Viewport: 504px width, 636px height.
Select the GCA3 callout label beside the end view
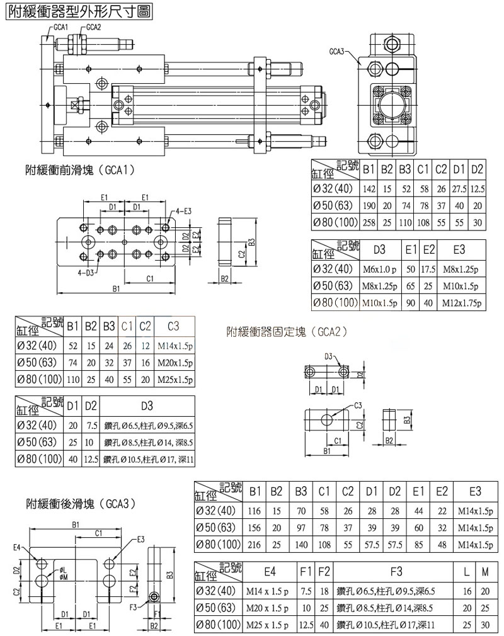[x=337, y=52]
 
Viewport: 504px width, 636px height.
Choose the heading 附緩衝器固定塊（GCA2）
[x=287, y=331]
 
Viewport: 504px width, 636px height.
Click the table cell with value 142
[x=369, y=189]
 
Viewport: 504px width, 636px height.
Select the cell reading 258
[x=369, y=222]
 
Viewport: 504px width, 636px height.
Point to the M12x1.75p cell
[x=459, y=303]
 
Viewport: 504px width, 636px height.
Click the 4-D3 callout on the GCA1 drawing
[x=88, y=272]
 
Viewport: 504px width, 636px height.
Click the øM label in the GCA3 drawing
[x=63, y=576]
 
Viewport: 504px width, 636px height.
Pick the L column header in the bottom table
[x=465, y=571]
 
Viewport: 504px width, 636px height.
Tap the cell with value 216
[x=255, y=543]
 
